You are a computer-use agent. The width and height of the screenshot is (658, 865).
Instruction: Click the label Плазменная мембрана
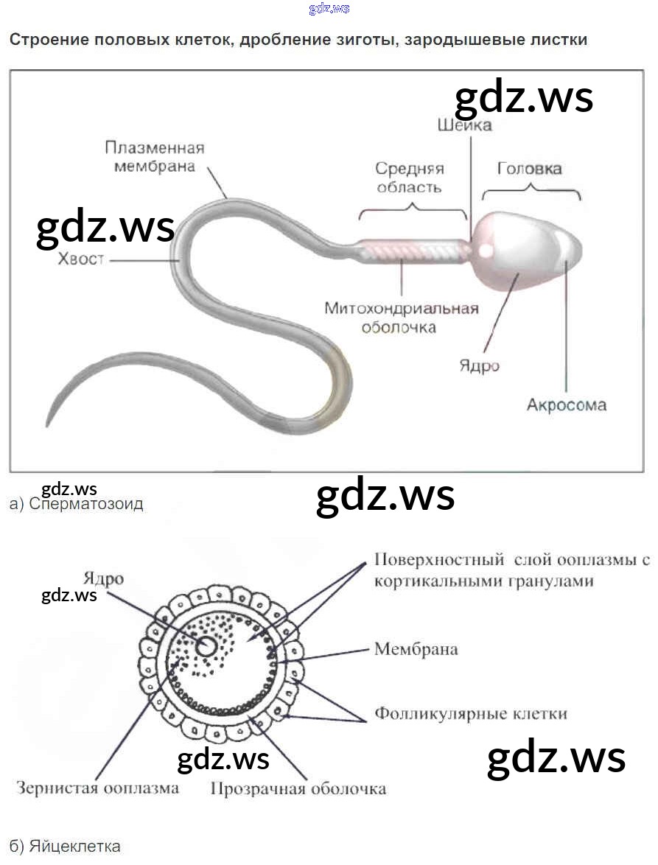point(154,157)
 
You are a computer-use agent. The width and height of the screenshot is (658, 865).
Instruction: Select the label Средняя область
point(410,178)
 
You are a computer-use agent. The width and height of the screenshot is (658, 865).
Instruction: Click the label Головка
point(529,169)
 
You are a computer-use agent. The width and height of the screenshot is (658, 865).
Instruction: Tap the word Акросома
point(567,405)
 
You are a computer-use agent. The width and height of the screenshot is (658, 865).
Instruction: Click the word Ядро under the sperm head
point(479,366)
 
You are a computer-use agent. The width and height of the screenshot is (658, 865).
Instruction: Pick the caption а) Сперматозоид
point(77,505)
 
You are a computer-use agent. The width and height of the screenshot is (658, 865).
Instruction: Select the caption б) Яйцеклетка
point(65,846)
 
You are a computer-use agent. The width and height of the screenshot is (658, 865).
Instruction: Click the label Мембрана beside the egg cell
point(416,649)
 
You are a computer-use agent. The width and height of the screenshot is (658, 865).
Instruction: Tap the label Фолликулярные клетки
point(471,714)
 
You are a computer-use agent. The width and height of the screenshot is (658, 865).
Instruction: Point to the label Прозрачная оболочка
point(298,789)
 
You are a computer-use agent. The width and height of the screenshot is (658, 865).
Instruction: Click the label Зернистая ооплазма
point(97,788)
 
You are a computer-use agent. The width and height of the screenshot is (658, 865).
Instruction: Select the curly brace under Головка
point(531,193)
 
